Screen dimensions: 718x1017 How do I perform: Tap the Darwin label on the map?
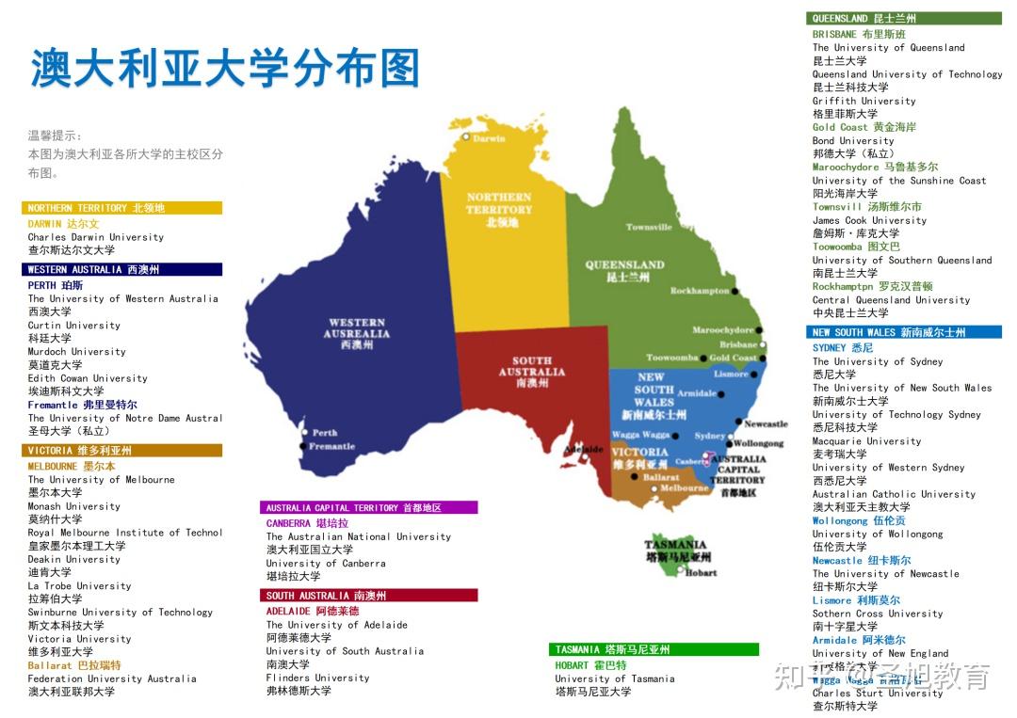[x=488, y=138]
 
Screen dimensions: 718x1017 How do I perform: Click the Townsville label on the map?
[x=649, y=227]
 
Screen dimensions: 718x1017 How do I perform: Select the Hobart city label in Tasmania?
[x=701, y=572]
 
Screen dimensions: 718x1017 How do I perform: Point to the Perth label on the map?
[x=324, y=433]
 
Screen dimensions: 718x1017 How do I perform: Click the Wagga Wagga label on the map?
[x=639, y=436]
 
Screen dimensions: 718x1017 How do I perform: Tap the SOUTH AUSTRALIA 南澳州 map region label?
[x=532, y=372]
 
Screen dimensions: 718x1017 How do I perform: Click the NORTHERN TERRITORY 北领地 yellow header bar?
[x=121, y=208]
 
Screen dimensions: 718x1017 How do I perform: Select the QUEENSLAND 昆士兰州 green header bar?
[x=903, y=18]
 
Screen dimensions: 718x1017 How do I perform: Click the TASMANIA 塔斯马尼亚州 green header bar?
[x=654, y=649]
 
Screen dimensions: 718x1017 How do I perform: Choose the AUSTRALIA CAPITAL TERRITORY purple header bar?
[x=368, y=507]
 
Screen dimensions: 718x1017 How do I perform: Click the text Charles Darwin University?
[x=95, y=237]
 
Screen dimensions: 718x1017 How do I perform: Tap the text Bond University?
[x=853, y=140]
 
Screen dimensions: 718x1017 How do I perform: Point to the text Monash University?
[x=73, y=506]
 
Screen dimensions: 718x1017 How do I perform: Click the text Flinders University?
[x=317, y=678]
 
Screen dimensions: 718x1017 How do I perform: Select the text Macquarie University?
[x=866, y=440]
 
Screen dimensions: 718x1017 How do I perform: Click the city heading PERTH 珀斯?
[x=56, y=285]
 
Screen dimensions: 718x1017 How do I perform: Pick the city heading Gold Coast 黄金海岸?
[x=864, y=127]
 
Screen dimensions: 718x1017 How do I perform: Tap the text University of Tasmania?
[x=614, y=678]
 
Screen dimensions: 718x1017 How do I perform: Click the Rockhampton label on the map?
[x=700, y=291]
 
